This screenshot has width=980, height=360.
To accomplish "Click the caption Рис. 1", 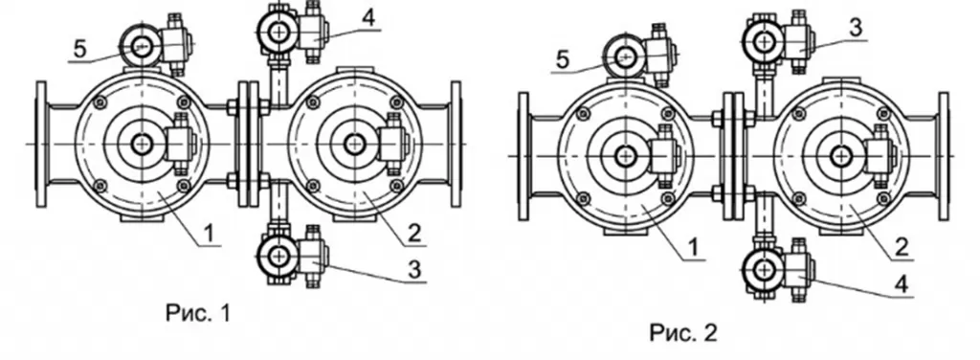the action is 198,312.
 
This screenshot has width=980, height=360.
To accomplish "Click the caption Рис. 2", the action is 683,332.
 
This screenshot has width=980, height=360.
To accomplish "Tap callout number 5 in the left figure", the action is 80,50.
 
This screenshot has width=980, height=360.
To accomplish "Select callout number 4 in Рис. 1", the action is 368,17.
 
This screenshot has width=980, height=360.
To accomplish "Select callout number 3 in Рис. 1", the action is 414,270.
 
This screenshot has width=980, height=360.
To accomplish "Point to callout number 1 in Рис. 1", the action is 210,234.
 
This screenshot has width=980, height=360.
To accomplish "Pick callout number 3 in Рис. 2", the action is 856,28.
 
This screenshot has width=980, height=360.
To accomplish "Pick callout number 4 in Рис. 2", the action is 902,285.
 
